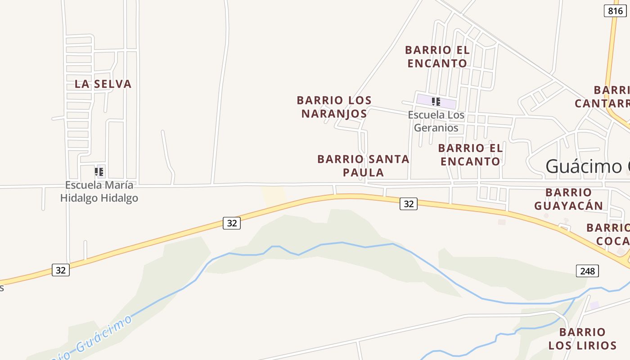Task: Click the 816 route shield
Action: pos(615,11)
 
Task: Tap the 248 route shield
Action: pos(587,270)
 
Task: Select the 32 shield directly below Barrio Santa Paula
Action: pos(408,204)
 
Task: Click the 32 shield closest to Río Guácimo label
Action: pos(61,270)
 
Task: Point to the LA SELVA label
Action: pos(103,84)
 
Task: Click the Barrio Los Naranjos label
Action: pos(334,107)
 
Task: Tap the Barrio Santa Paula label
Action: pos(364,165)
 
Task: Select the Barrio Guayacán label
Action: pos(568,199)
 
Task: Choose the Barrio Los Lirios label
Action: pos(582,339)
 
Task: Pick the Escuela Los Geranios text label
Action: pos(436,121)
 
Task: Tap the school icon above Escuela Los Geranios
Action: pos(436,102)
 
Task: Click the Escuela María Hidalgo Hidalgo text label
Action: pos(99,191)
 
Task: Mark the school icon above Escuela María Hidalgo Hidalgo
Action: pos(99,171)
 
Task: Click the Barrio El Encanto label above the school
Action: pos(437,56)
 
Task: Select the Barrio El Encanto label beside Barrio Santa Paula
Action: pos(470,154)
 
